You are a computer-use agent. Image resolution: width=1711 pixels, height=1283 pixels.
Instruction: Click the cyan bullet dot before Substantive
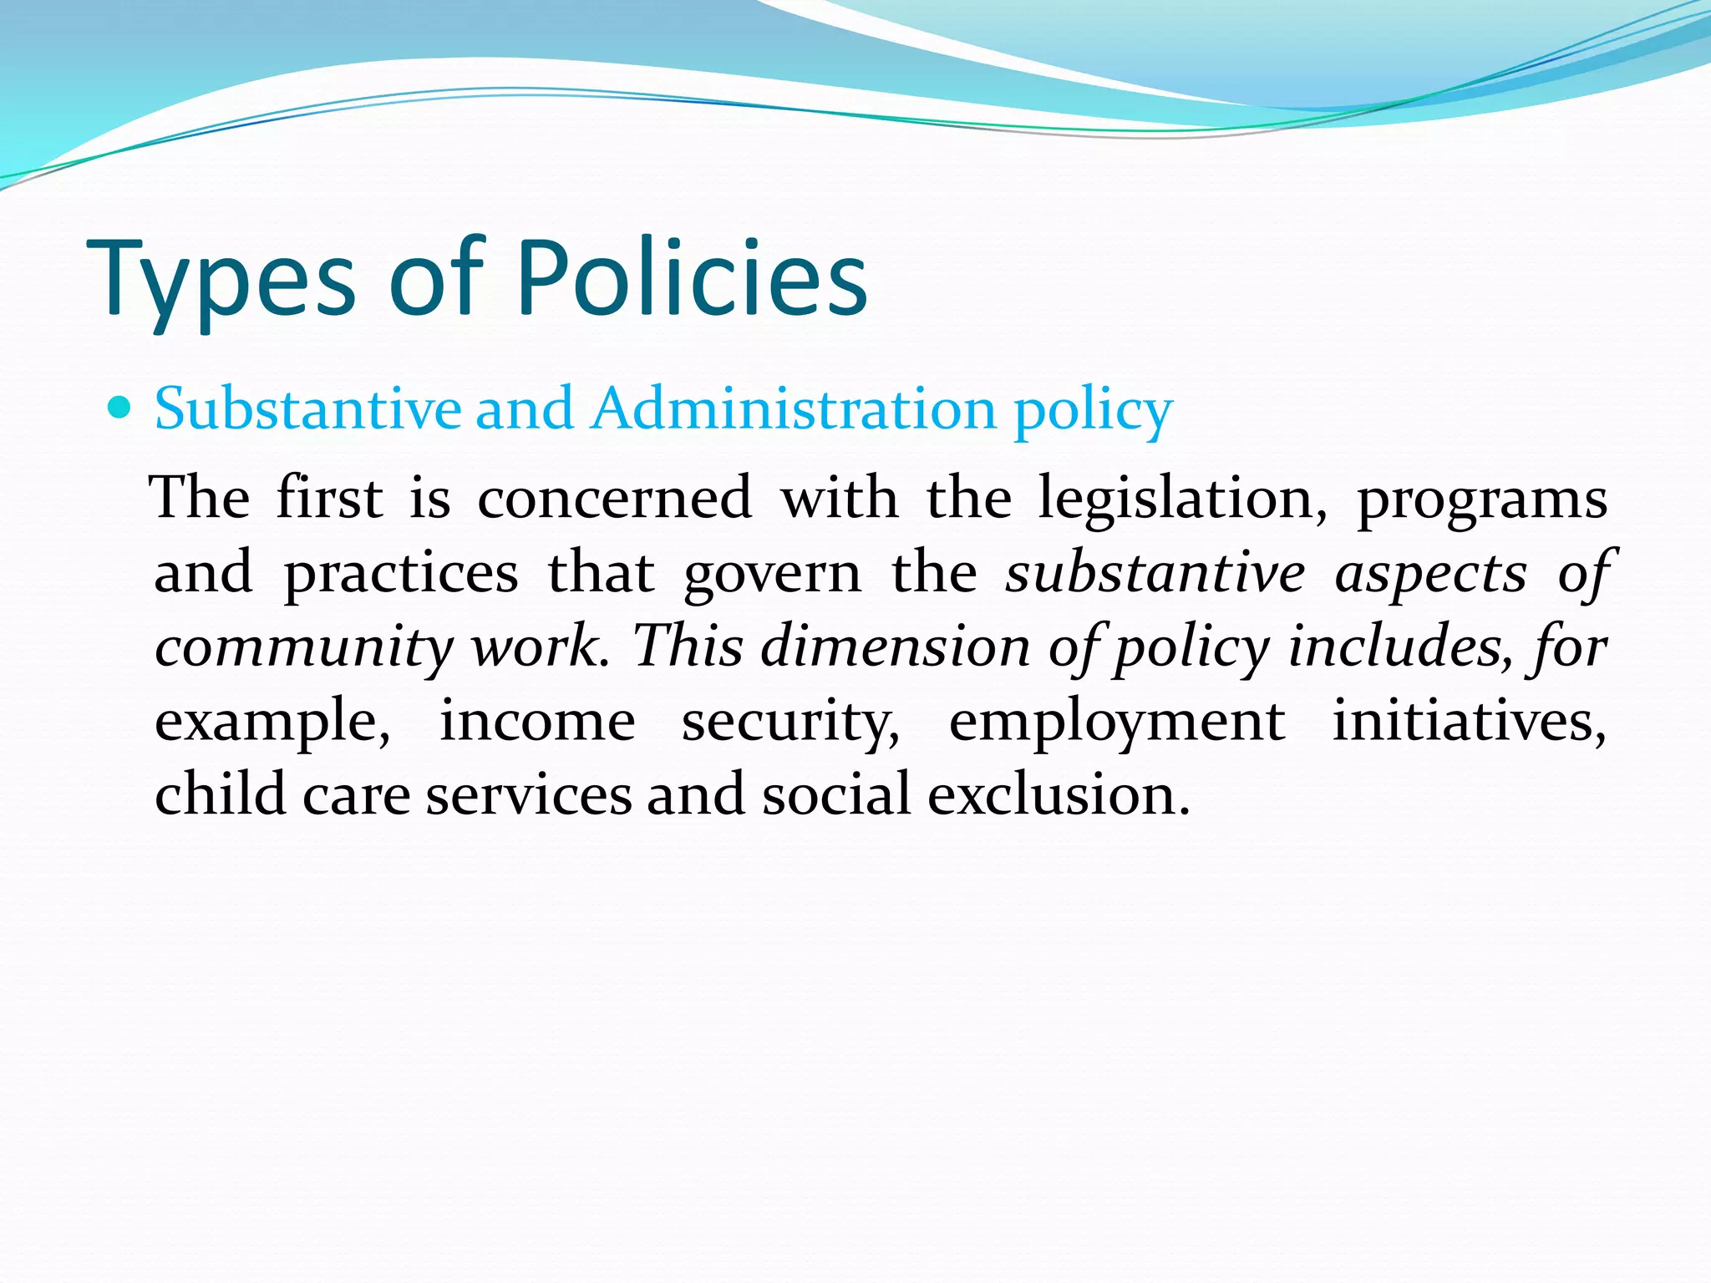tap(120, 408)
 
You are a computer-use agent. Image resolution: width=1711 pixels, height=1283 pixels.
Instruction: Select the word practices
tap(401, 574)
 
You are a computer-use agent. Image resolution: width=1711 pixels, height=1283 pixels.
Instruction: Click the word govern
tap(772, 574)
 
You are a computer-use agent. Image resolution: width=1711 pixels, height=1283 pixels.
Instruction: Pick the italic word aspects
tap(1431, 574)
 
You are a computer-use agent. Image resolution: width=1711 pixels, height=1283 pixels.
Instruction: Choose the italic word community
tap(303, 647)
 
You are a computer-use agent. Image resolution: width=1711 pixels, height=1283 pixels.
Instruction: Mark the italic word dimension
tap(896, 647)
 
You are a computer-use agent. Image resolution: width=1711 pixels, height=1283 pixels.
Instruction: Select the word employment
tap(1117, 723)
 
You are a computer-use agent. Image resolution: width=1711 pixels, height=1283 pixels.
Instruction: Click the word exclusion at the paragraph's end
tap(1059, 794)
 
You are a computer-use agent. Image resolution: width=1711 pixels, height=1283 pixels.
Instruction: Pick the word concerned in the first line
tap(615, 499)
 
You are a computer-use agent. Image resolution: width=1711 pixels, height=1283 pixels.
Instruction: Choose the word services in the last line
tap(529, 794)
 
